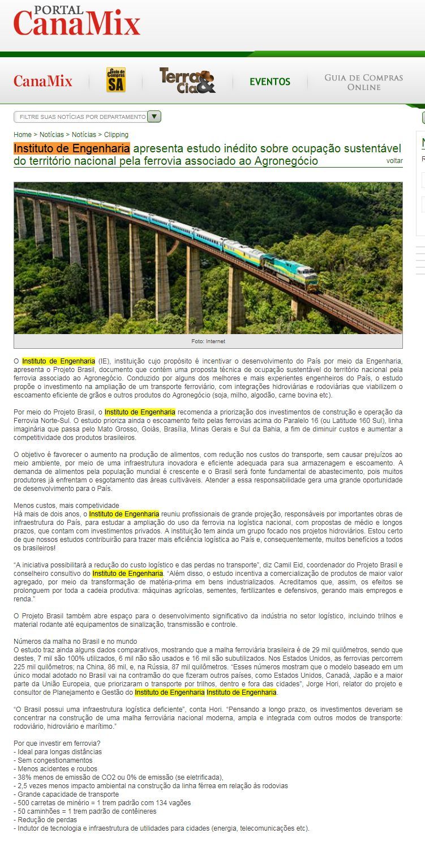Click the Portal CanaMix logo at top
pyautogui.click(x=76, y=22)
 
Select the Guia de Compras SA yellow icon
pyautogui.click(x=116, y=80)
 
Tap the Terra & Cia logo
pyautogui.click(x=187, y=80)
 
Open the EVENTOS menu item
pyautogui.click(x=270, y=82)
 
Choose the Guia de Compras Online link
pyautogui.click(x=363, y=82)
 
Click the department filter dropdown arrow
pyautogui.click(x=154, y=117)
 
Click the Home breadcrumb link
pyautogui.click(x=23, y=135)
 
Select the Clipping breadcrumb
pyautogui.click(x=116, y=135)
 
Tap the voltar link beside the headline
pyautogui.click(x=394, y=161)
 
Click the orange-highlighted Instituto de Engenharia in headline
pyautogui.click(x=72, y=148)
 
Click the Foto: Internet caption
pyautogui.click(x=208, y=341)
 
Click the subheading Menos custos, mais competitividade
pyautogui.click(x=66, y=505)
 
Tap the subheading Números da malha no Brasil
pyautogui.click(x=75, y=641)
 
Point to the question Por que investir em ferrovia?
pyautogui.click(x=57, y=743)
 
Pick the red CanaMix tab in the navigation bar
pyautogui.click(x=43, y=82)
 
